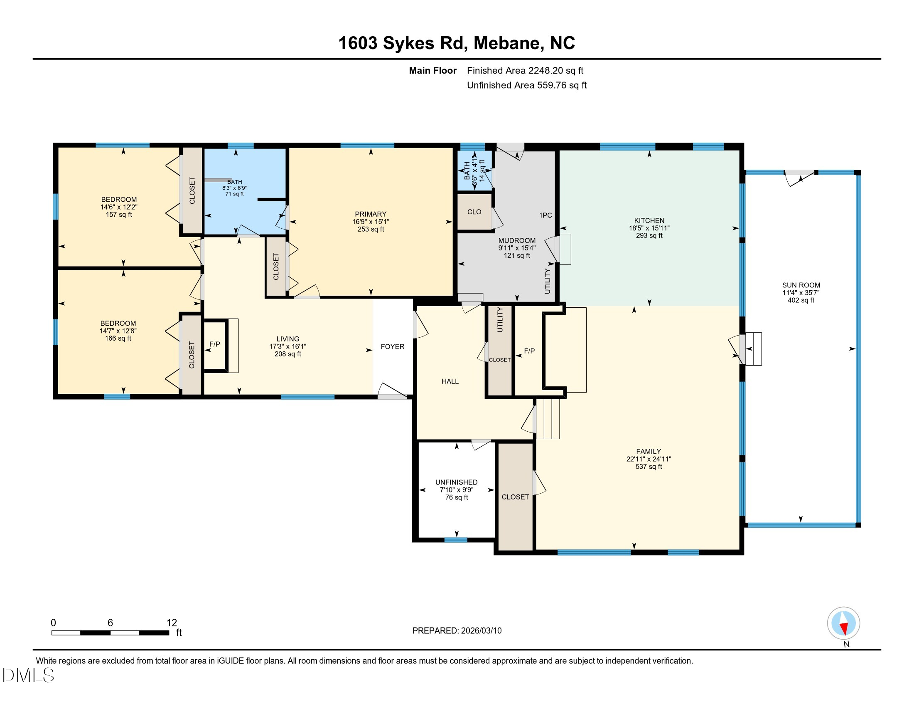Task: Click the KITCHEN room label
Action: point(649,220)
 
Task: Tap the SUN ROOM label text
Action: point(801,285)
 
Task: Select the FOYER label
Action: point(392,346)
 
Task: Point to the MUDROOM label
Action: point(516,240)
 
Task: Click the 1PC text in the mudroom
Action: point(545,215)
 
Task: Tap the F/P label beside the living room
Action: point(214,344)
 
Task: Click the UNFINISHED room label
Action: point(456,482)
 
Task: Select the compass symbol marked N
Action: point(843,623)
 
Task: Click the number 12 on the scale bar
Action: point(172,623)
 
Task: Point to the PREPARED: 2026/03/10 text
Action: point(457,631)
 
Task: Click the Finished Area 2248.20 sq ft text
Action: point(525,71)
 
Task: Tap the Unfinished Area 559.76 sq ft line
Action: point(526,85)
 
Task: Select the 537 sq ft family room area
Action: point(648,467)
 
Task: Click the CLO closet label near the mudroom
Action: point(474,212)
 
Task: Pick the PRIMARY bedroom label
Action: point(370,214)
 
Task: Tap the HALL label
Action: point(450,381)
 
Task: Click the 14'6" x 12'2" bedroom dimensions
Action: point(119,207)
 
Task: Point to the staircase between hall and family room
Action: point(548,418)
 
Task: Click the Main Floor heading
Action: point(432,71)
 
